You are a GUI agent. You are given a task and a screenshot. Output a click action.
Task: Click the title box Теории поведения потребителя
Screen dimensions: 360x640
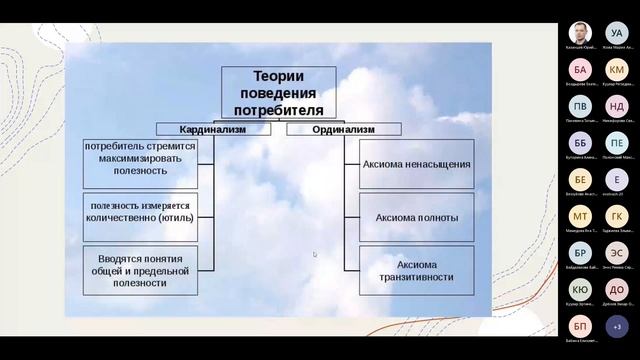click(x=278, y=93)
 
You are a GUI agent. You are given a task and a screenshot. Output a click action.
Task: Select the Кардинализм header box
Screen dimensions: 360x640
click(x=212, y=129)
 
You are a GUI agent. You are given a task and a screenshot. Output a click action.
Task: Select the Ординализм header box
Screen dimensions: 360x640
click(x=344, y=129)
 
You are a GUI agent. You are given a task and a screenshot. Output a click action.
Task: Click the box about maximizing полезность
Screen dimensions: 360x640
click(x=140, y=158)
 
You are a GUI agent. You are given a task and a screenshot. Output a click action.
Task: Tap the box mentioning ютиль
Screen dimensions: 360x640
click(x=140, y=211)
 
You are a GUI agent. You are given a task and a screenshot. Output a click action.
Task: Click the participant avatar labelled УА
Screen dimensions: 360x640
click(x=617, y=33)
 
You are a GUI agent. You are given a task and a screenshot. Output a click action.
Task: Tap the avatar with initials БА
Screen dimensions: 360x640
click(x=580, y=70)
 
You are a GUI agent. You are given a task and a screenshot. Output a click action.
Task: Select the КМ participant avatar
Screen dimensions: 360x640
click(x=617, y=70)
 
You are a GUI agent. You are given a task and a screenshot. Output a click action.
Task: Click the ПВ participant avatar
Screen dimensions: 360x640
click(x=580, y=106)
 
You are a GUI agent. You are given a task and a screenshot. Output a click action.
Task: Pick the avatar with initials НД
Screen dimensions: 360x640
click(x=617, y=106)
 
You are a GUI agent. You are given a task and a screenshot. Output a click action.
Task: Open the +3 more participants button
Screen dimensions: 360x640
click(x=617, y=326)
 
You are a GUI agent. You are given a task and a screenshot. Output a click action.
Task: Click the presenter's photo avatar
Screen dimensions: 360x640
click(x=580, y=33)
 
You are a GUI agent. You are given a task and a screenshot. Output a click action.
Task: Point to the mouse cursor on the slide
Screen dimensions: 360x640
click(x=315, y=254)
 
